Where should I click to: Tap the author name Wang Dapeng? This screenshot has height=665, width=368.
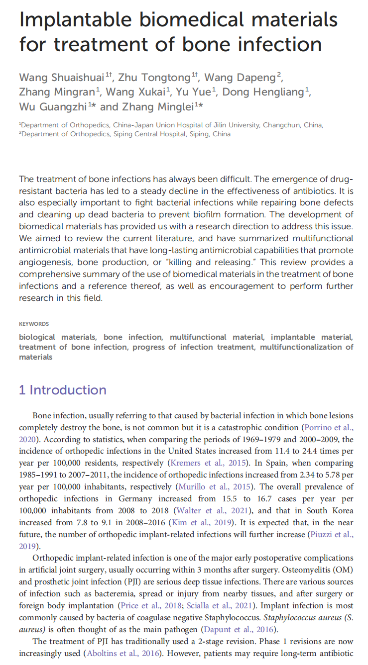click(241, 77)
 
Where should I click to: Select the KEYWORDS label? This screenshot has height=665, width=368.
click(34, 324)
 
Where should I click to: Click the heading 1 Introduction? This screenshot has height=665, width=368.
click(63, 390)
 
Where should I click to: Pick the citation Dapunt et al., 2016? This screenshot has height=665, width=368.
click(241, 629)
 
